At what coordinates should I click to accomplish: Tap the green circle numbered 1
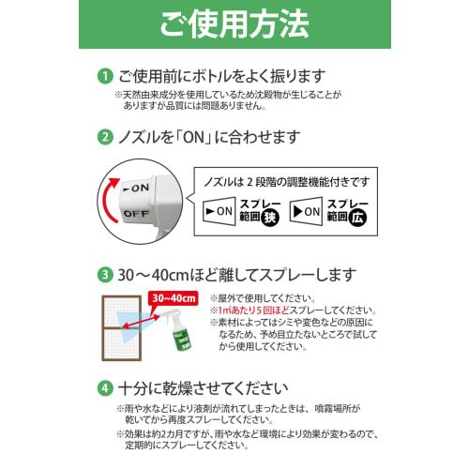pyautogui.click(x=106, y=76)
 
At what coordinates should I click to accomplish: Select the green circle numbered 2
pyautogui.click(x=106, y=138)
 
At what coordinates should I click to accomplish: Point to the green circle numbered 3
pyautogui.click(x=106, y=276)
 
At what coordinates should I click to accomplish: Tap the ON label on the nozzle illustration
pyautogui.click(x=137, y=188)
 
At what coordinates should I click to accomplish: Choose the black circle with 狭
pyautogui.click(x=270, y=218)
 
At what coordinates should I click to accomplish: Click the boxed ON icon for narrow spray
pyautogui.click(x=219, y=211)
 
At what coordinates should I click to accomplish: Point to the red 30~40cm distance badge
pyautogui.click(x=173, y=299)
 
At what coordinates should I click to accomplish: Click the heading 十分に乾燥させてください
pyautogui.click(x=211, y=387)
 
